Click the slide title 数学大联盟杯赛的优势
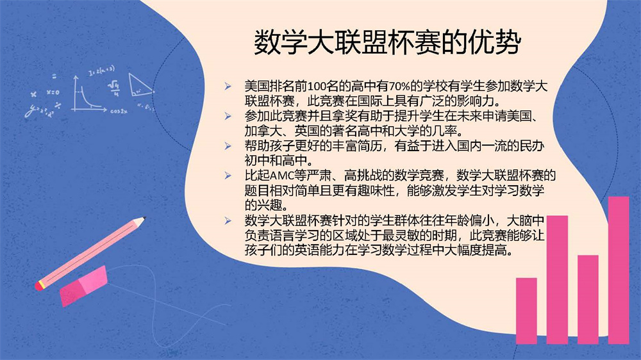point(387,42)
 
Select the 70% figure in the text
point(399,86)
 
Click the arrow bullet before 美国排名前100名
point(228,86)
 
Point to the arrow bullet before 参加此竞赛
point(228,116)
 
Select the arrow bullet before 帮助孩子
point(228,146)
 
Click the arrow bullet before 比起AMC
point(228,176)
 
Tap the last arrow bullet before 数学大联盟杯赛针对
point(228,220)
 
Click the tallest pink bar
point(618,270)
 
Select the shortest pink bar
point(526,311)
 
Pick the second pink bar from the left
point(557,280)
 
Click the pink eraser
point(84,286)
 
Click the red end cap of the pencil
point(39,286)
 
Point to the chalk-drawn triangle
point(140,85)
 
